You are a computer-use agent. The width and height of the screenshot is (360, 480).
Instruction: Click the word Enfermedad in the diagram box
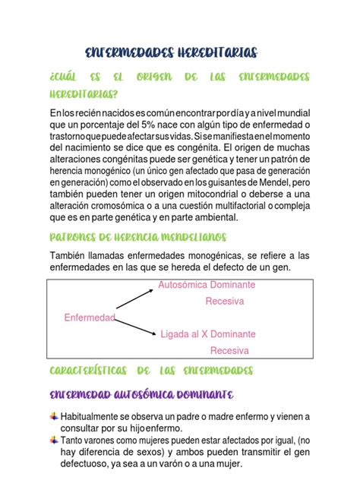90,317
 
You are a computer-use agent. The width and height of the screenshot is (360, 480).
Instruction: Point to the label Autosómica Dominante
207,284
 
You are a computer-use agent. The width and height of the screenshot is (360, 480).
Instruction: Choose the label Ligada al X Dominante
208,334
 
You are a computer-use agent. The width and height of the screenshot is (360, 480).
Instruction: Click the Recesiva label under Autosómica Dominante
225,301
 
